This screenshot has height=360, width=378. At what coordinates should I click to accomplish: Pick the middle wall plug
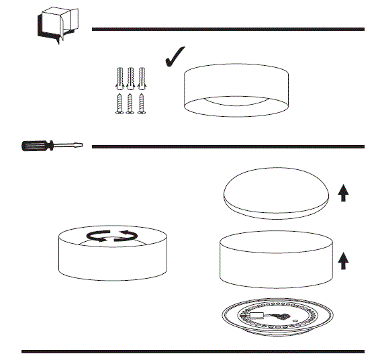[x=131, y=78]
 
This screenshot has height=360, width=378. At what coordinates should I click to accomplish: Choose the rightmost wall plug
[x=142, y=78]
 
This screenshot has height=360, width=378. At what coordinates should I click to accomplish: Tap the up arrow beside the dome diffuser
[x=343, y=193]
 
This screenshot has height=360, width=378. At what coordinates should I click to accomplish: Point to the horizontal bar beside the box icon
[x=228, y=29]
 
